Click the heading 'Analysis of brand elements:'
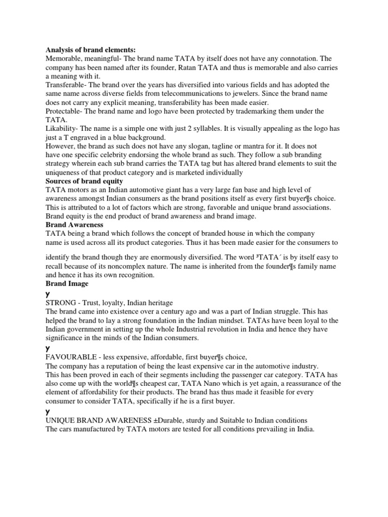(x=91, y=49)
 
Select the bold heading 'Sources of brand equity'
(x=84, y=181)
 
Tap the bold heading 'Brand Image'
(x=67, y=284)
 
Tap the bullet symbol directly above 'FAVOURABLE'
(x=47, y=348)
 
